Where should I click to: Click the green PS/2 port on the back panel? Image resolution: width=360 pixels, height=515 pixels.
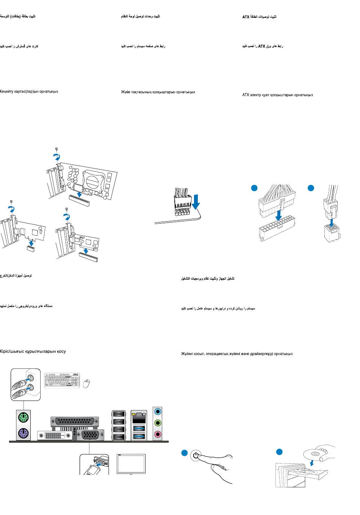click(x=23, y=418)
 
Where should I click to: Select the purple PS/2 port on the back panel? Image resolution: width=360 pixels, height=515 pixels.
click(x=23, y=433)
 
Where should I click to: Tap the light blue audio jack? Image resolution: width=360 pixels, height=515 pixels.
click(x=158, y=411)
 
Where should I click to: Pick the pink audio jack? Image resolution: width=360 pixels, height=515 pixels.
click(x=158, y=434)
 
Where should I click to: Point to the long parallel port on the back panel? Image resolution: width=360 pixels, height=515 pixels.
click(x=74, y=421)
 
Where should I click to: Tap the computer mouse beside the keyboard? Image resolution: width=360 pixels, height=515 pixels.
click(x=87, y=383)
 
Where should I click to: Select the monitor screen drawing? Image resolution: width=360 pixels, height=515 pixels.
click(x=131, y=464)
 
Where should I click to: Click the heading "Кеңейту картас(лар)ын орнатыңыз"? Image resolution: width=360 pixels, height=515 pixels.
click(x=29, y=92)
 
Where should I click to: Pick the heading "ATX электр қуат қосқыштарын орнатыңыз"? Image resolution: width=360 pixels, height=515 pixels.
click(x=277, y=95)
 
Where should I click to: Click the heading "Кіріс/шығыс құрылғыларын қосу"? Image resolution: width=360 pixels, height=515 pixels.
click(x=33, y=351)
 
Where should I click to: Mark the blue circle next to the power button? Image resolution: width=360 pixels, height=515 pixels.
click(x=184, y=452)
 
